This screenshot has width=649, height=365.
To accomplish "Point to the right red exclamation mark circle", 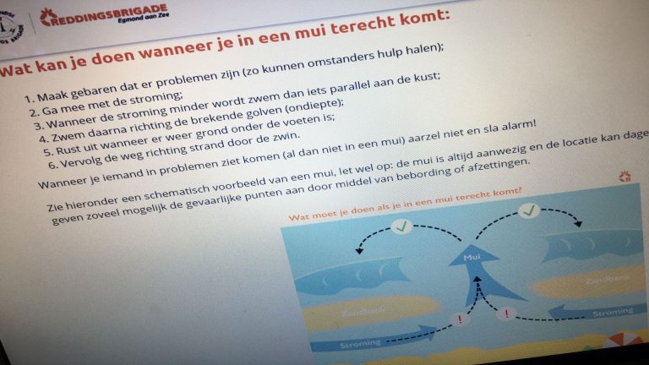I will click(x=508, y=314).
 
